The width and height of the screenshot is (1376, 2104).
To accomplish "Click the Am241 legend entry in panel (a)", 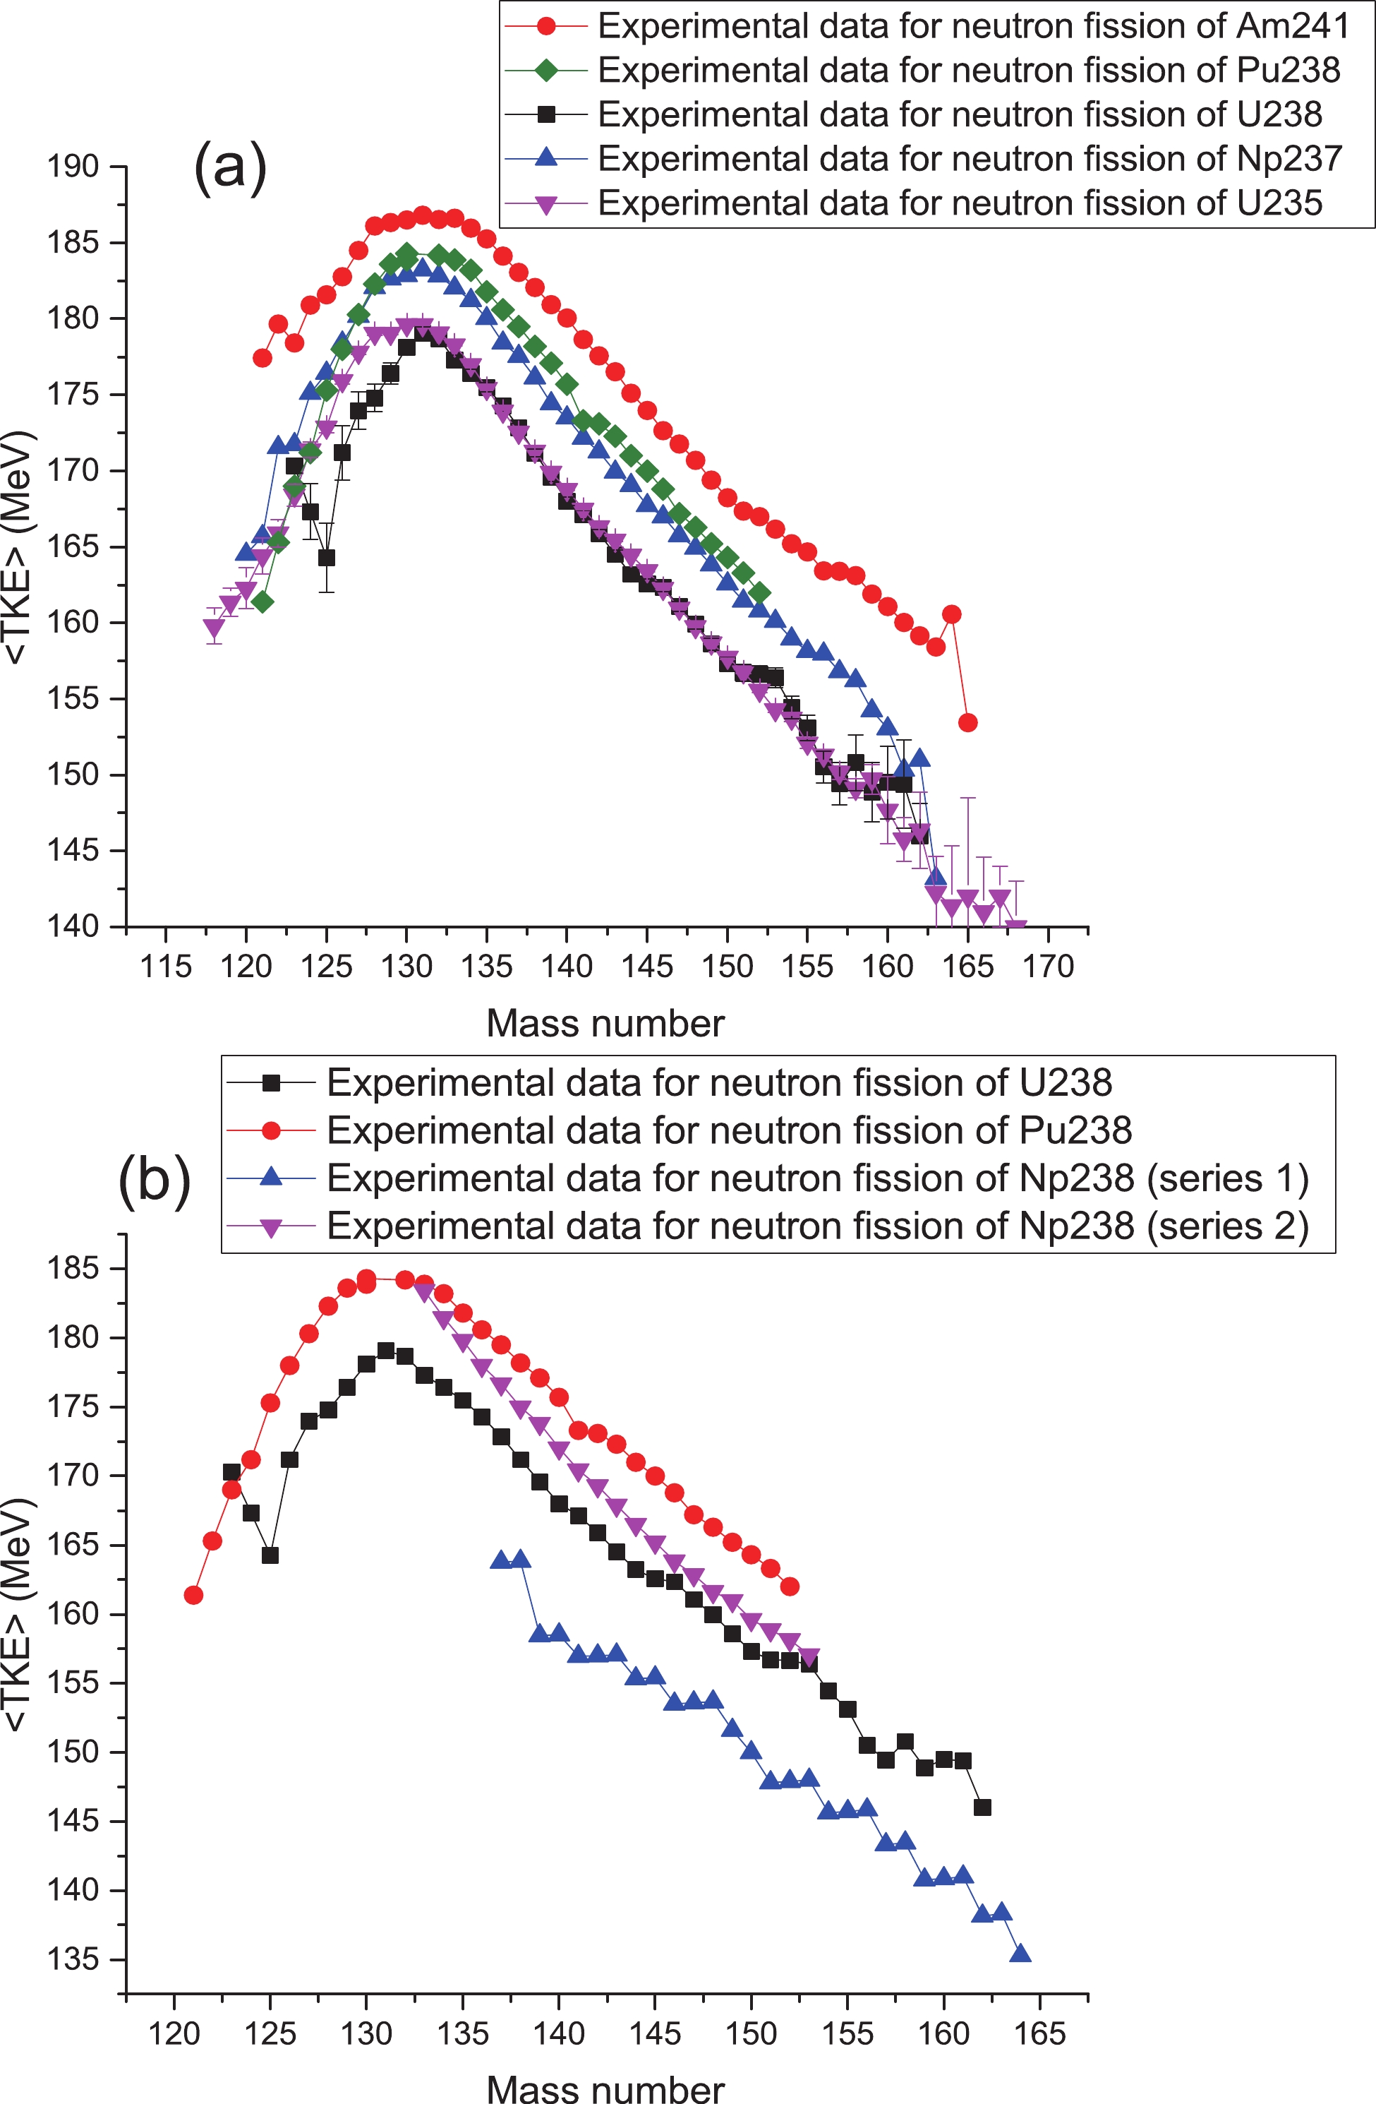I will point(972,27).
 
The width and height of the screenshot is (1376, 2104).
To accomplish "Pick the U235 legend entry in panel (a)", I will point(960,203).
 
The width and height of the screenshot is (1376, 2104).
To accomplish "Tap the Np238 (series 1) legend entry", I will point(817,1178).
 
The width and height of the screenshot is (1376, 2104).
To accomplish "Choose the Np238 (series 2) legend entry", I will point(817,1226).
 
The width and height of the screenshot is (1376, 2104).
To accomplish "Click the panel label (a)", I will point(230,165).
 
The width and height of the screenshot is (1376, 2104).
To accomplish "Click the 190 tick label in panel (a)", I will point(73,166).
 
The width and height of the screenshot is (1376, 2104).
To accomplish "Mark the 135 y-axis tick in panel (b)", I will point(73,1959).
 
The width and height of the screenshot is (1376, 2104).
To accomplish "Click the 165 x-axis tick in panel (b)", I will point(1039,2033).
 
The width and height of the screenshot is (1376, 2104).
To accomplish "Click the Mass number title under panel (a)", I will point(605,1023).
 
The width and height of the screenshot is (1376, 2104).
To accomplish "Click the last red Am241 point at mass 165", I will point(967,722).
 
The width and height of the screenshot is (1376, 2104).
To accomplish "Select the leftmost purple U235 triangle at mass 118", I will point(214,628).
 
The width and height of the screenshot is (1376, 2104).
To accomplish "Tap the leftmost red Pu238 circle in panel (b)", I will point(193,1595).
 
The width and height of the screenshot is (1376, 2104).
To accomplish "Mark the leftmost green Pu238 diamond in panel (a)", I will point(262,602).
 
